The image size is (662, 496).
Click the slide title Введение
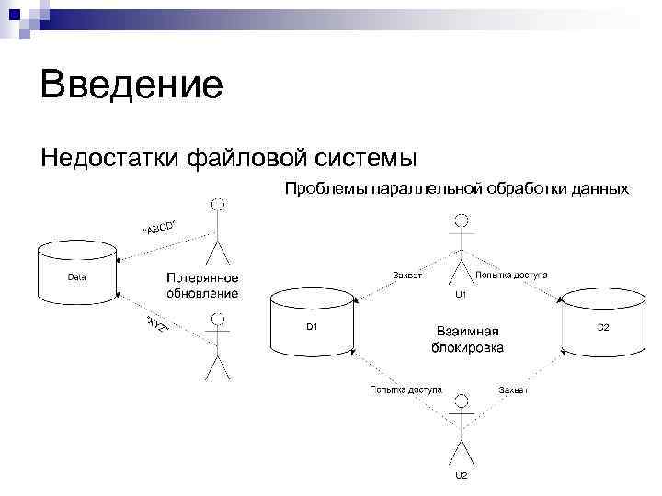pyautogui.click(x=131, y=86)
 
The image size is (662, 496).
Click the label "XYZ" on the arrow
pyautogui.click(x=157, y=328)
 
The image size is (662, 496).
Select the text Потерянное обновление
pyautogui.click(x=202, y=286)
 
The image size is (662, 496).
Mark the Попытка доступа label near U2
pyautogui.click(x=405, y=390)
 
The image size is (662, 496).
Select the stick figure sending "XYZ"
pyautogui.click(x=217, y=346)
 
